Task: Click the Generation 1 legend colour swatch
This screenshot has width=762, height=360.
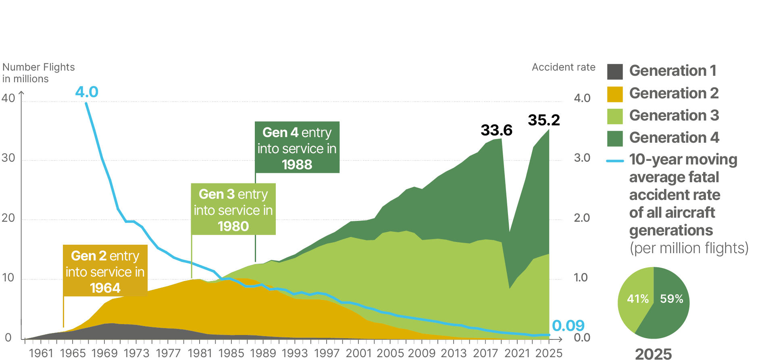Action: pos(615,71)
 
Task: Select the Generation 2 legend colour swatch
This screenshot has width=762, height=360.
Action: pos(615,94)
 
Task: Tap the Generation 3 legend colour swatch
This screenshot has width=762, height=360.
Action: pos(615,116)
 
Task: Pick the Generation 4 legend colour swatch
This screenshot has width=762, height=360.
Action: pos(615,138)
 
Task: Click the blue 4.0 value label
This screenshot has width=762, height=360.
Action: pos(87,92)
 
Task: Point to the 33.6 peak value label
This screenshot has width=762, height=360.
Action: pos(496,130)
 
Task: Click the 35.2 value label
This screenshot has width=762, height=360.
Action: pos(544,120)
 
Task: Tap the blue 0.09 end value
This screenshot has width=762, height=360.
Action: pos(568,325)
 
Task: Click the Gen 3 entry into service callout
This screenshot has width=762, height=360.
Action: pos(233,209)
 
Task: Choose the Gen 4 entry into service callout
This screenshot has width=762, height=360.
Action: pos(297,148)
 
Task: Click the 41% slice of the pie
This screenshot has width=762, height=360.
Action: pos(635,298)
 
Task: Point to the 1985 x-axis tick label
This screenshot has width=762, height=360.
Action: pos(231,353)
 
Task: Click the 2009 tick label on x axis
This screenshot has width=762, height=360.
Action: pos(422,353)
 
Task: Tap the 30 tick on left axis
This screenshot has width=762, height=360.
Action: pos(8,158)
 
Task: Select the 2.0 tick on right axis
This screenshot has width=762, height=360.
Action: pos(582,218)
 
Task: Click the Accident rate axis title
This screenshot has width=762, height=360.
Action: pos(563,67)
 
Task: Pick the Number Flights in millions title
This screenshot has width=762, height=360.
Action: pos(38,73)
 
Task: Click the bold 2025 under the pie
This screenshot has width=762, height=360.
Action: pos(653,354)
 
